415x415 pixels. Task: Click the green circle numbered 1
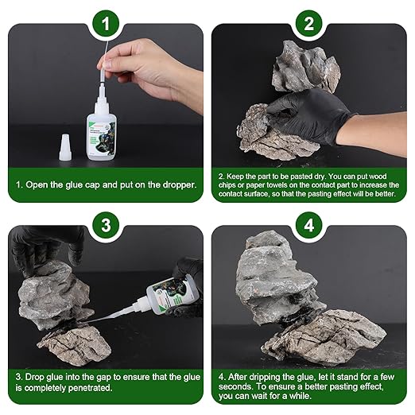coord(106,23)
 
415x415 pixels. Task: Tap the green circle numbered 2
coord(309,23)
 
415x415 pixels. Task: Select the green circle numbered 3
coord(106,225)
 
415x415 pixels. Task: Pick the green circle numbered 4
coord(309,225)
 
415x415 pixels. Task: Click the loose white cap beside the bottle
coord(64,147)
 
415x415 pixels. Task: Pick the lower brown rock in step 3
coord(75,344)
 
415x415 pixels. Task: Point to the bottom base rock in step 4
coord(324,339)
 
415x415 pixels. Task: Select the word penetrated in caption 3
coord(90,388)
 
